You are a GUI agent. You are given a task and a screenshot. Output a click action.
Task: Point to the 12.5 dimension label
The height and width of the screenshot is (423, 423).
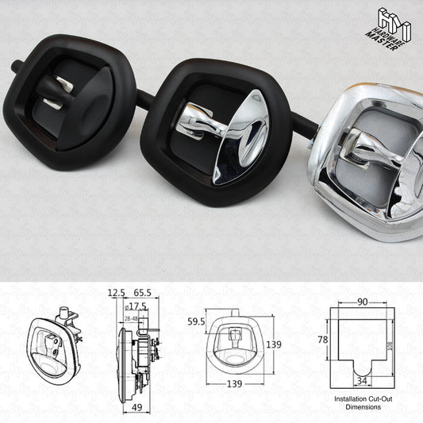click(x=117, y=292)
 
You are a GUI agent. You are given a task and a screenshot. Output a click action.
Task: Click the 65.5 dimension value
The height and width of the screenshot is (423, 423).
click(x=144, y=292)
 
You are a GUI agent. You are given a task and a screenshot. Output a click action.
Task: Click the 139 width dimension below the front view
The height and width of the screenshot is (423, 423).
click(x=233, y=383)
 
